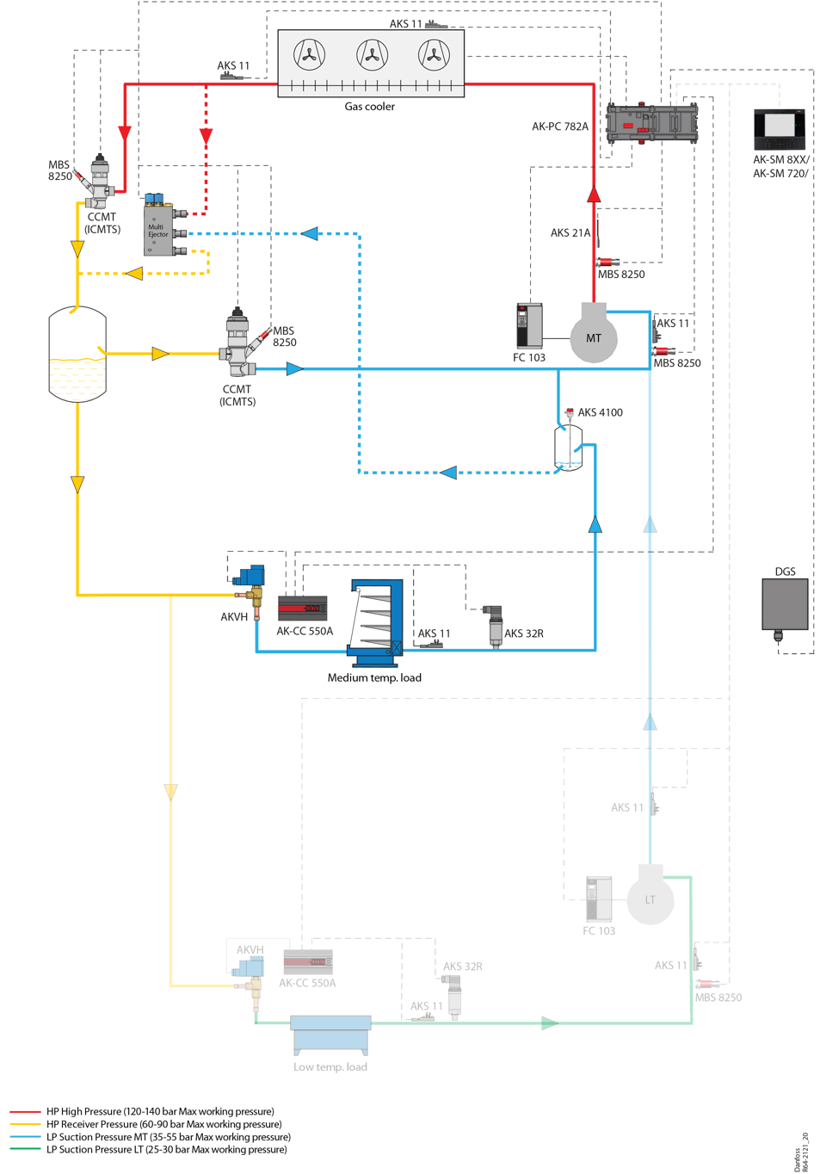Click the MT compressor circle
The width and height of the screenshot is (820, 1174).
(594, 337)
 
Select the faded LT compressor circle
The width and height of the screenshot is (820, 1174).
(650, 899)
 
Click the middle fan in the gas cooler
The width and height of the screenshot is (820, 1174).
(372, 56)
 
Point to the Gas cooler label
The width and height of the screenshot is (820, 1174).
(369, 107)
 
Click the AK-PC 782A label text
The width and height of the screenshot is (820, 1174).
(560, 127)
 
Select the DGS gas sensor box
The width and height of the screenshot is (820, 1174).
(785, 604)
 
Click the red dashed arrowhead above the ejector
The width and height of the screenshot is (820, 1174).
(207, 135)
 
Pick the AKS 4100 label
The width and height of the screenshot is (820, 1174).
(600, 412)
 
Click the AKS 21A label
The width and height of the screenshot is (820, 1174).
(570, 232)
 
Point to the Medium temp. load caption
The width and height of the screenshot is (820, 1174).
(374, 678)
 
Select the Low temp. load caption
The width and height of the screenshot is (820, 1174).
(330, 1067)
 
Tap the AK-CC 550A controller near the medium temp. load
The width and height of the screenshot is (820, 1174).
(302, 609)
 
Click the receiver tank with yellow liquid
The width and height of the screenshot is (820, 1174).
(77, 355)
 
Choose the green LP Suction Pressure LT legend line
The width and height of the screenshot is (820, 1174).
(26, 1149)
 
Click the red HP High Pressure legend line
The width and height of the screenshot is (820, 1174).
(26, 1112)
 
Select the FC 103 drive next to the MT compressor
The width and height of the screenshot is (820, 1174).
(528, 325)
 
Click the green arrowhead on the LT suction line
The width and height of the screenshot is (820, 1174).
(550, 1023)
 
